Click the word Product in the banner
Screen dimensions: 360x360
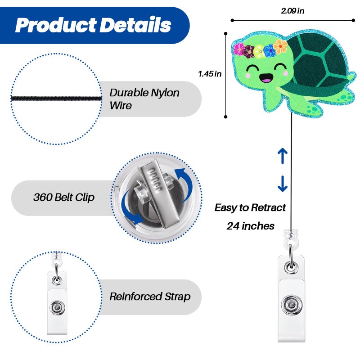coord(56,25)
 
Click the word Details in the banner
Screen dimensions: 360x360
coord(136,25)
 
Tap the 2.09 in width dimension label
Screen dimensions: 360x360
coord(292,10)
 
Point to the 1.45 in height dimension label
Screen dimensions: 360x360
coord(210,74)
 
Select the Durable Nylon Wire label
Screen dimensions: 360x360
coord(144,99)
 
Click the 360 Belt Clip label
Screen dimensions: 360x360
coord(64,197)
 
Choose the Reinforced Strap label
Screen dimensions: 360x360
coord(150,297)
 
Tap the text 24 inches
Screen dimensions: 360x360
coord(251,226)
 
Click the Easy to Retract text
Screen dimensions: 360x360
coord(250,208)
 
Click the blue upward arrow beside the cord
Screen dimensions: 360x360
coord(283,156)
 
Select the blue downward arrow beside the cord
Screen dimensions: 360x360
coord(283,184)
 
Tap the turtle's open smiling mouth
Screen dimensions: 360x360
coord(266,78)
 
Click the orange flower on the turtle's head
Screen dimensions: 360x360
coord(280,46)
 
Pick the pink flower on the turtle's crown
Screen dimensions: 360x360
coord(239,49)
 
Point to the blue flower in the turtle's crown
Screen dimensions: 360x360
coord(270,51)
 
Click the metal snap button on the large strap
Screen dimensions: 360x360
coord(292,305)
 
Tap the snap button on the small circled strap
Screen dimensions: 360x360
coord(57,308)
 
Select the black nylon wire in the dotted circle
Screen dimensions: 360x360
coord(57,99)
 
